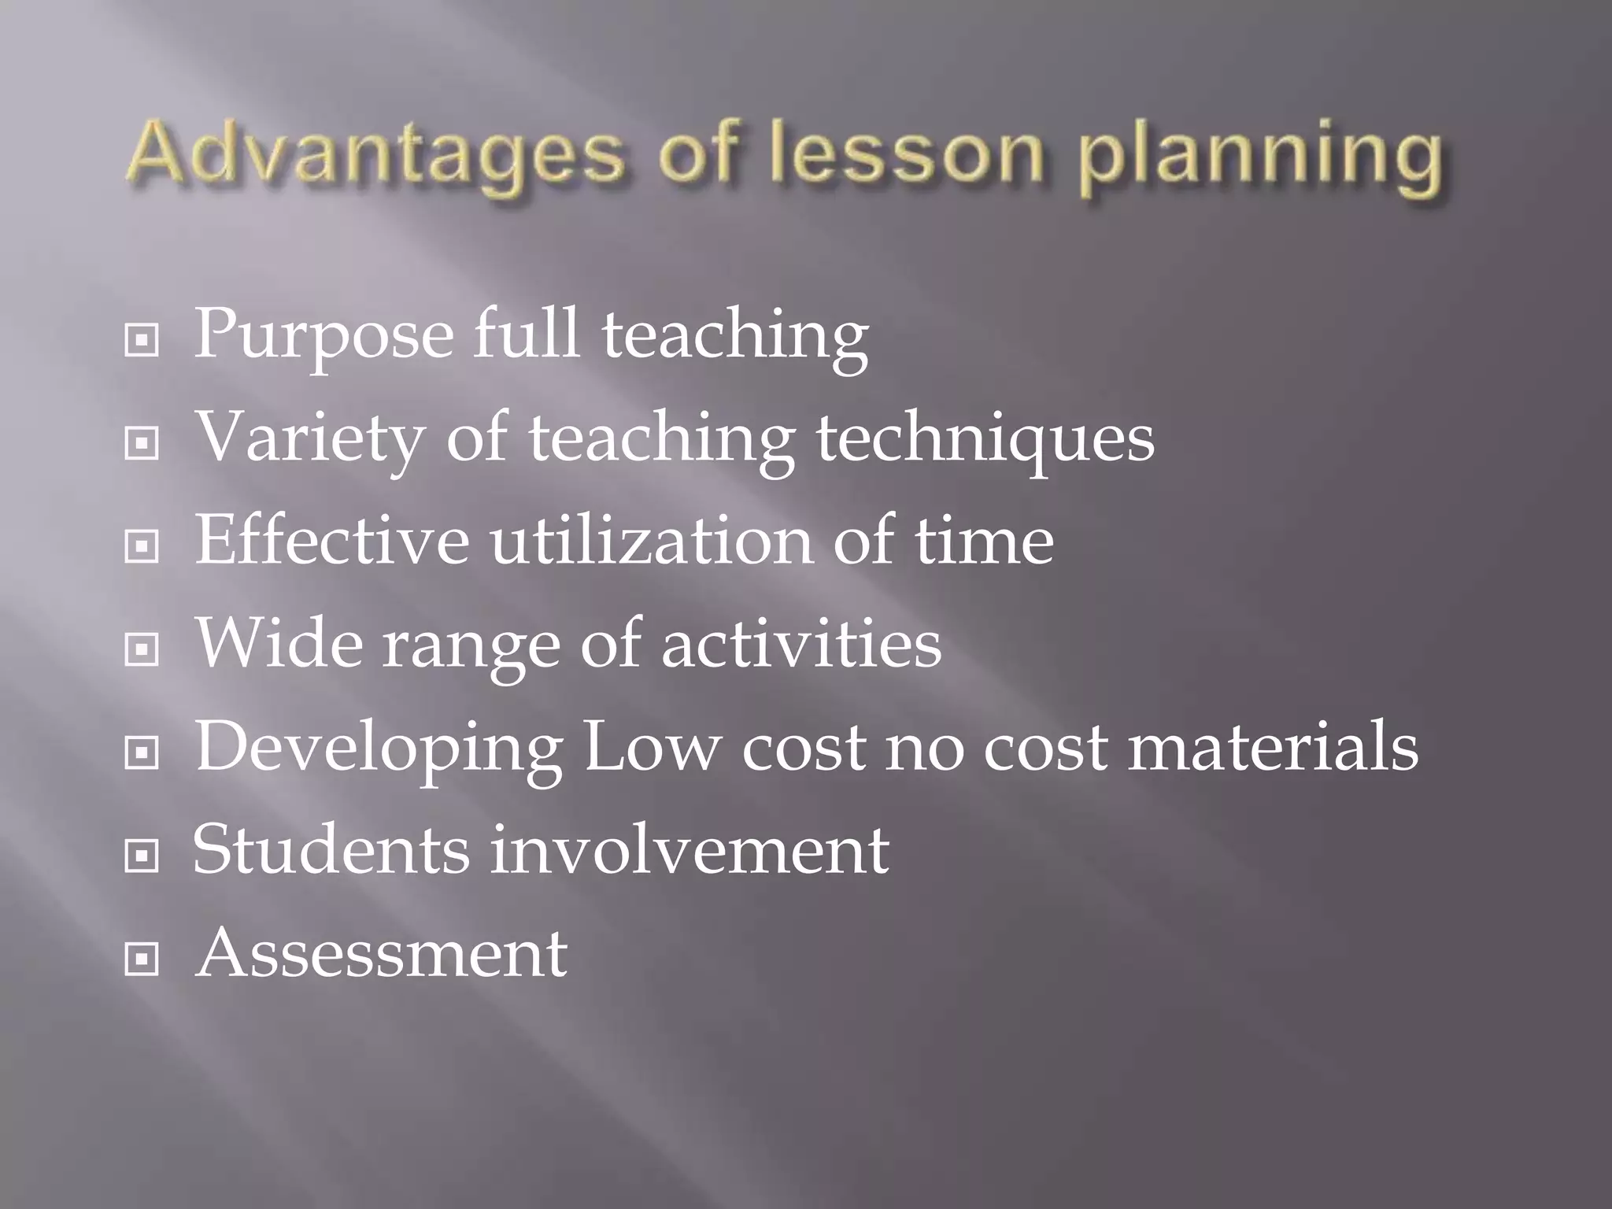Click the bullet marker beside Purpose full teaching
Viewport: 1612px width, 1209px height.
[142, 341]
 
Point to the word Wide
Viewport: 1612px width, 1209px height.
[279, 643]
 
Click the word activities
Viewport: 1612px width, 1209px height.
[801, 643]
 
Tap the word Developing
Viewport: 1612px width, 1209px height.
[379, 749]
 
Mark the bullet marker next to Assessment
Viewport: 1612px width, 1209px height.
[142, 959]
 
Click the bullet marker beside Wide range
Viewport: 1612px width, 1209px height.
[142, 649]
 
